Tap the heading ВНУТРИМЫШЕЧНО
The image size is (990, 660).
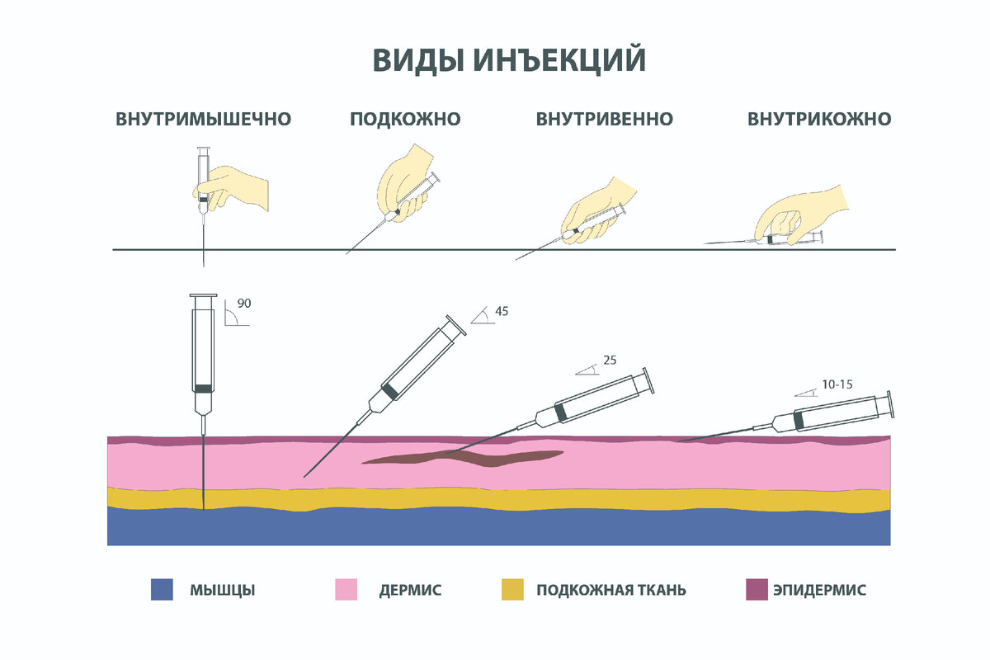(x=204, y=119)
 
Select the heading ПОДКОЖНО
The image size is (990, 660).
(x=405, y=119)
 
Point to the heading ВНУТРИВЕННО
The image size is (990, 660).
(x=605, y=119)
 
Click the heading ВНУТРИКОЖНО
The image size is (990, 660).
(x=819, y=119)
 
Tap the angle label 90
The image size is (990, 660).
(x=243, y=303)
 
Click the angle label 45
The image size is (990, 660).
(x=502, y=311)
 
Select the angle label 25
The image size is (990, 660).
(x=610, y=360)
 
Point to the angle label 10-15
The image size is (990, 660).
(x=838, y=384)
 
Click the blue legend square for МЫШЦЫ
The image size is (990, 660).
(x=163, y=590)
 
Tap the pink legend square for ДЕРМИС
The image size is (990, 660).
(x=346, y=590)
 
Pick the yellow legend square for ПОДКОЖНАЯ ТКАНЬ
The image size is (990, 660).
(x=512, y=590)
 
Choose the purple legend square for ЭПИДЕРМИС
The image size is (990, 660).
(x=757, y=590)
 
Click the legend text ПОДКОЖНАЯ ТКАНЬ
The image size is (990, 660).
(x=611, y=591)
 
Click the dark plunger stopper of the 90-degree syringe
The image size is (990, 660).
(x=203, y=387)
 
